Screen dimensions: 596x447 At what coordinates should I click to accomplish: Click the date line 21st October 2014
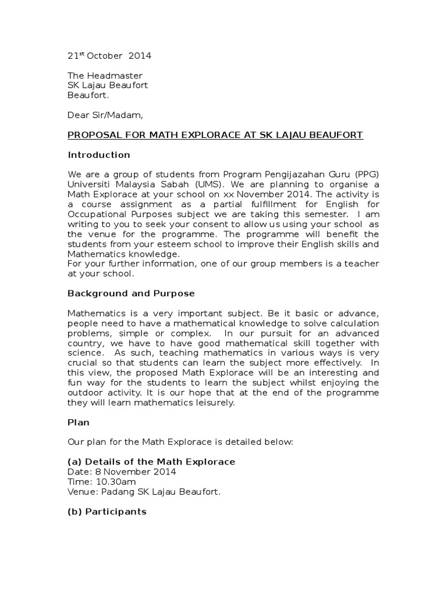click(x=109, y=56)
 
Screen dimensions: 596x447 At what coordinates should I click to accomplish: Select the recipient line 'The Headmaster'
click(x=105, y=76)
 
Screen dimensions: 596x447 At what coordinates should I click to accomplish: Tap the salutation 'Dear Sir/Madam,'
click(x=105, y=115)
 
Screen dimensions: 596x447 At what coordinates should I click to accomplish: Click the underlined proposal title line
click(x=215, y=135)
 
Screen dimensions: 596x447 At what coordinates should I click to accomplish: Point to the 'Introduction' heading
click(x=99, y=155)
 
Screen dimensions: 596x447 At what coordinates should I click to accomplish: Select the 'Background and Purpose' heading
click(x=131, y=293)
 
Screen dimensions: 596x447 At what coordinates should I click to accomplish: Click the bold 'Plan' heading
click(x=79, y=422)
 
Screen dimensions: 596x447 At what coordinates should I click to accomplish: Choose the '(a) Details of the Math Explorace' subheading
click(x=151, y=462)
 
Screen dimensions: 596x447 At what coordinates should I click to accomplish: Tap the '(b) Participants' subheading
click(x=107, y=512)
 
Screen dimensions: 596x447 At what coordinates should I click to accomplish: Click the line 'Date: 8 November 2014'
click(x=122, y=471)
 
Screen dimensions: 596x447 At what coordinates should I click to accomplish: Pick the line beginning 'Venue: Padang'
click(x=144, y=492)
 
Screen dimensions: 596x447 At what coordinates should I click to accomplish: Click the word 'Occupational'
click(x=96, y=214)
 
